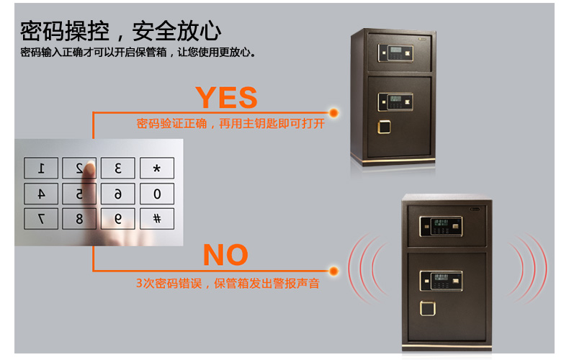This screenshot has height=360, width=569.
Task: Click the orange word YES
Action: pyautogui.click(x=226, y=97)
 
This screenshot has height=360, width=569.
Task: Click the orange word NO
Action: pyautogui.click(x=225, y=255)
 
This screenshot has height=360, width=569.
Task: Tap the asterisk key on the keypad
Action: pyautogui.click(x=157, y=168)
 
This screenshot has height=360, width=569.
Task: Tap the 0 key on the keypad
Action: pyautogui.click(x=157, y=194)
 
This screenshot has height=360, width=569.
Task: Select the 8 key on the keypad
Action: pyautogui.click(x=79, y=219)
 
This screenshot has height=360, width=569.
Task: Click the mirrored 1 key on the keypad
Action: pyautogui.click(x=41, y=168)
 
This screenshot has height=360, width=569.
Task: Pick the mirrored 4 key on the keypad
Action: pyautogui.click(x=41, y=194)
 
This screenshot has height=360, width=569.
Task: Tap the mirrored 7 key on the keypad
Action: pyautogui.click(x=41, y=219)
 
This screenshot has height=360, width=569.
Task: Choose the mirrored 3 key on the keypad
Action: pyautogui.click(x=118, y=168)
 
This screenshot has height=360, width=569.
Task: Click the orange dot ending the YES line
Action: pyautogui.click(x=334, y=113)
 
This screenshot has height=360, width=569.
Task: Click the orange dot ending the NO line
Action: pyautogui.click(x=334, y=271)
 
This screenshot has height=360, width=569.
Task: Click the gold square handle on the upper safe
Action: pyautogui.click(x=384, y=127)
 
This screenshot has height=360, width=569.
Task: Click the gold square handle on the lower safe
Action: pyautogui.click(x=428, y=308)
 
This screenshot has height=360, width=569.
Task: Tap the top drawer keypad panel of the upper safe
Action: pyautogui.click(x=395, y=53)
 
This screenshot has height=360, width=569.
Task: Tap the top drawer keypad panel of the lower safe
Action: pyautogui.click(x=441, y=227)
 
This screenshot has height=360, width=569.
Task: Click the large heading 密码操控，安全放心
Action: pyautogui.click(x=120, y=31)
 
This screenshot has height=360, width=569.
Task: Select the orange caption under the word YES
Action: pyautogui.click(x=230, y=124)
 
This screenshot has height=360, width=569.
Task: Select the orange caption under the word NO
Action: pyautogui.click(x=228, y=284)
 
